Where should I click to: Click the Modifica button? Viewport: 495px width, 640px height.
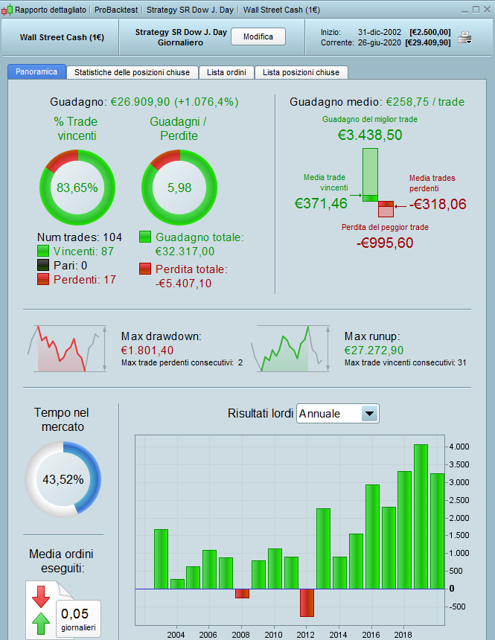point(258,36)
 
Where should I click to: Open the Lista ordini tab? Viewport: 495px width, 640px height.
point(226,72)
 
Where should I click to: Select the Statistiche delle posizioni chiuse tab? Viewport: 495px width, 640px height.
point(132,72)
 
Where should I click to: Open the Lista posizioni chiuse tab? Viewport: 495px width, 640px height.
point(301,72)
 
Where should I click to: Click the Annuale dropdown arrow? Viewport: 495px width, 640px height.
point(368,414)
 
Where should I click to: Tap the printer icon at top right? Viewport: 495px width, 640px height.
point(464,38)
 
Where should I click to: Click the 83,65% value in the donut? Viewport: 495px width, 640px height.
point(77,188)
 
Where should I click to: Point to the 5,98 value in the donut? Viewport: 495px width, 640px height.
point(179,188)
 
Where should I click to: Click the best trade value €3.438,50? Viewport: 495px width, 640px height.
point(370,135)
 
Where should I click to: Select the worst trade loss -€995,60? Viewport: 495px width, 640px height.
point(385,243)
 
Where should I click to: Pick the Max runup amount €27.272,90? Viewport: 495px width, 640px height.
point(374,350)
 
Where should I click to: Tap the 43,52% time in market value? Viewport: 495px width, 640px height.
point(63,479)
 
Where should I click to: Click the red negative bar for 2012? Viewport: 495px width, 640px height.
point(307,602)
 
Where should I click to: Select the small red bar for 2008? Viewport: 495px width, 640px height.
point(242,593)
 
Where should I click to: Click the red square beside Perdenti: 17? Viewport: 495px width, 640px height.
point(43,279)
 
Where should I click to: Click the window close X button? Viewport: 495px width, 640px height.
point(485,10)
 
